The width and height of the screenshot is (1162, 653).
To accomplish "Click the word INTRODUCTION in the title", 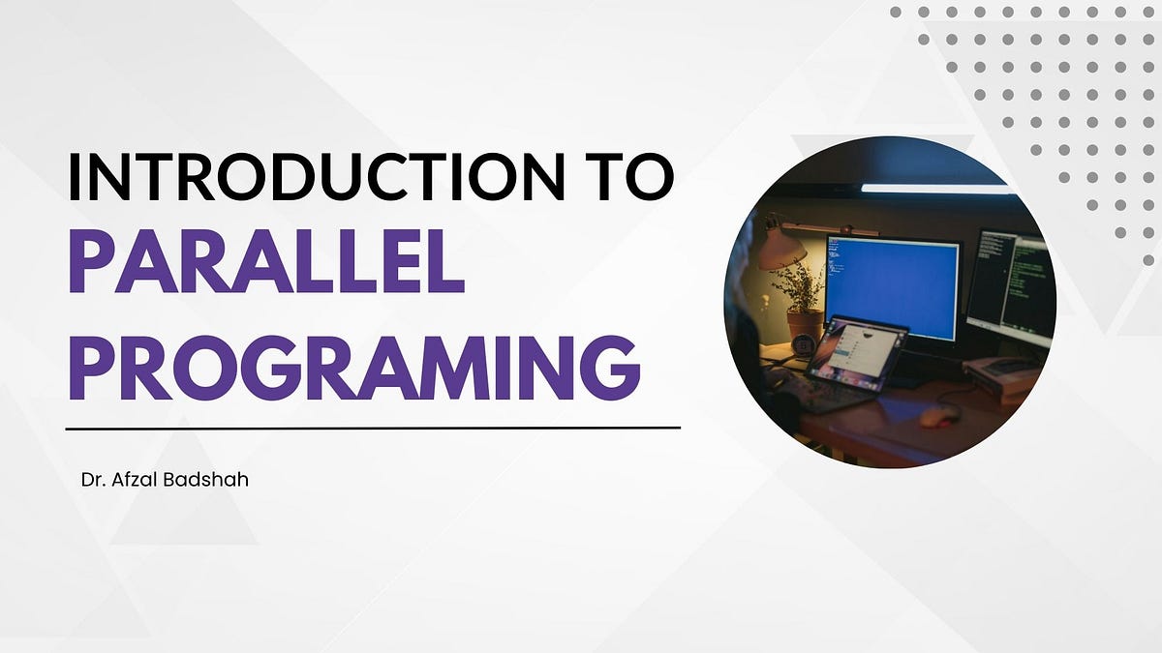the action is point(316,176).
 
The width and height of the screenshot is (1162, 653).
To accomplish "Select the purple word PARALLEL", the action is point(266,261).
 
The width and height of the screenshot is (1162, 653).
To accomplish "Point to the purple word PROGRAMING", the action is point(354,368).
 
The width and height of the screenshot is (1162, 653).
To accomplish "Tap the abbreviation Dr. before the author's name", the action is point(93,480).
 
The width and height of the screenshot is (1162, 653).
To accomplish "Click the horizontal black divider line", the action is point(373,429).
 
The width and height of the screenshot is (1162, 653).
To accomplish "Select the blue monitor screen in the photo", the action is point(892,287).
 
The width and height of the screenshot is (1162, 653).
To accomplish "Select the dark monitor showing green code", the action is point(1011,287).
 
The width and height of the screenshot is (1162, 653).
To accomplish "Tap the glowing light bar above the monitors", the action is point(937,189).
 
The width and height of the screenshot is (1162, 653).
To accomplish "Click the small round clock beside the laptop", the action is point(804,344).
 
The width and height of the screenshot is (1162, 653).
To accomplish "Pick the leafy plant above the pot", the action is point(799,286).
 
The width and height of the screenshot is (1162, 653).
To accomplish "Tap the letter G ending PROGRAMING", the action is point(610,368).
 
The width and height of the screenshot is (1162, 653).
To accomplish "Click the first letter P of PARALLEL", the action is point(91,261).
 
